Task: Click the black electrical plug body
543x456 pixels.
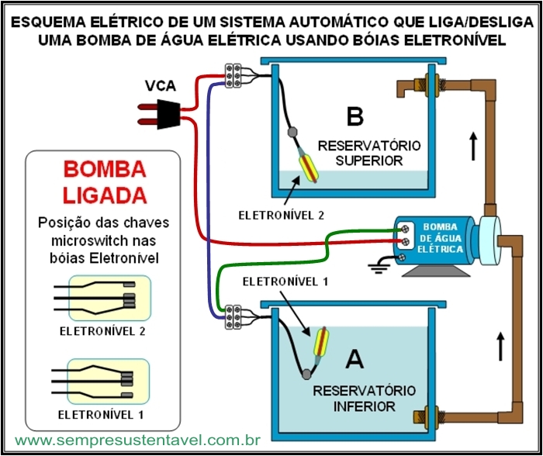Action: pyautogui.click(x=168, y=114)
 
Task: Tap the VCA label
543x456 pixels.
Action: pyautogui.click(x=161, y=86)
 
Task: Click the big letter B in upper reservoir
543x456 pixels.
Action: pyautogui.click(x=355, y=116)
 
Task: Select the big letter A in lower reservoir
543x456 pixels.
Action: pyautogui.click(x=355, y=359)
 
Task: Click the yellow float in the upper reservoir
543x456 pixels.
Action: pyautogui.click(x=308, y=168)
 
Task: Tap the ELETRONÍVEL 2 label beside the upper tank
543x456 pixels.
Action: pyautogui.click(x=281, y=216)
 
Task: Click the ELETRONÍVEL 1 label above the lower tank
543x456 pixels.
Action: pyautogui.click(x=285, y=282)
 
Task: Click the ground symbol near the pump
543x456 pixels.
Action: pyautogui.click(x=377, y=268)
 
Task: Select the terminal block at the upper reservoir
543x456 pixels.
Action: pyautogui.click(x=233, y=75)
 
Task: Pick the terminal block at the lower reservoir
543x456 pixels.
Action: pyautogui.click(x=233, y=316)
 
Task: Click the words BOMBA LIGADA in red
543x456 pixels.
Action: pyautogui.click(x=105, y=182)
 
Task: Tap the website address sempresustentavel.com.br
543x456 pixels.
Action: pyautogui.click(x=138, y=440)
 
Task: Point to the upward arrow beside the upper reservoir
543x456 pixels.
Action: pyautogui.click(x=473, y=146)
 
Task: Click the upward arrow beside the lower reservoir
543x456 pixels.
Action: pyautogui.click(x=500, y=346)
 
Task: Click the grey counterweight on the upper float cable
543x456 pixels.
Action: pyautogui.click(x=293, y=132)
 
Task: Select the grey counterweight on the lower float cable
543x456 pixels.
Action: pyautogui.click(x=306, y=375)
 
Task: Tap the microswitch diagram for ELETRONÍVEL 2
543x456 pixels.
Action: pyautogui.click(x=103, y=298)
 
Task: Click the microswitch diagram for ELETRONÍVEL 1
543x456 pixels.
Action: pyautogui.click(x=101, y=382)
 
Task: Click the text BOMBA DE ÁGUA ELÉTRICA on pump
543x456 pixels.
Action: pyautogui.click(x=440, y=238)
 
